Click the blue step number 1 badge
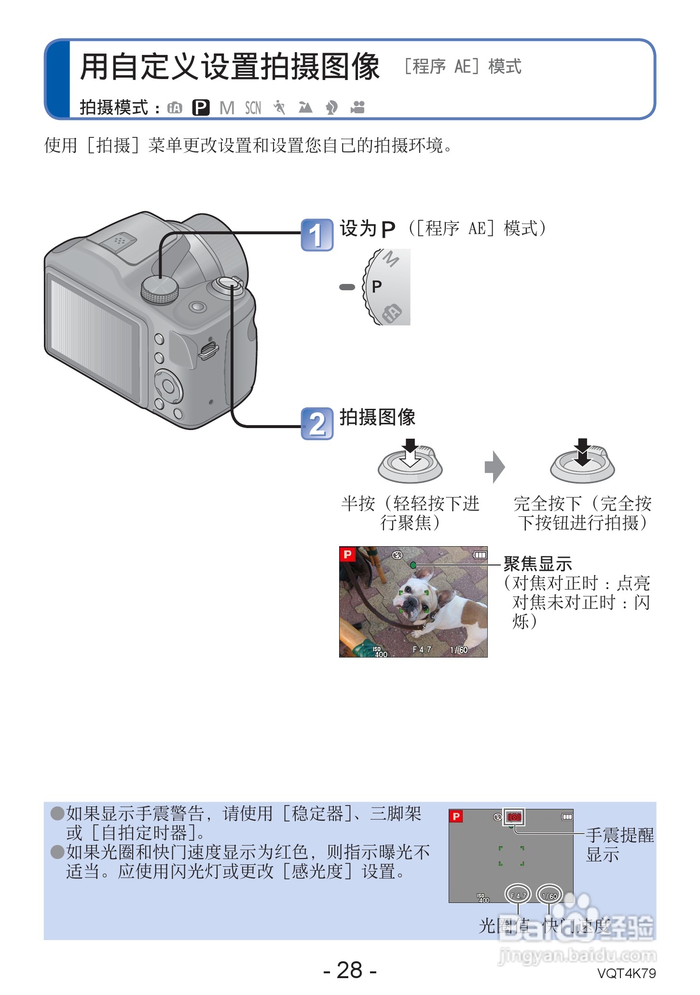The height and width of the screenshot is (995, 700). coord(317,235)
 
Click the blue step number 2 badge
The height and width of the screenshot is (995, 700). coord(317,424)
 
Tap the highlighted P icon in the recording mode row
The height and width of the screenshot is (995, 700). coord(201,108)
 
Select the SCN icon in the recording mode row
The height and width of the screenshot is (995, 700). coord(253,108)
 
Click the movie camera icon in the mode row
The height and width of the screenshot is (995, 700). coord(357,107)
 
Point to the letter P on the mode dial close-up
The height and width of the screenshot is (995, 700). coord(377,287)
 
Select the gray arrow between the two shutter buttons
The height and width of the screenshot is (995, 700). coord(494,467)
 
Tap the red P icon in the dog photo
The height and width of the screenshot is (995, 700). coord(347,554)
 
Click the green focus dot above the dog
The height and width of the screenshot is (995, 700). coord(413,565)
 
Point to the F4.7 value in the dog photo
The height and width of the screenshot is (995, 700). coord(422,649)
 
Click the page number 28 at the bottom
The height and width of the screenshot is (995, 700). coord(350,970)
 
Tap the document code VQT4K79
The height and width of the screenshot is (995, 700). coord(626,973)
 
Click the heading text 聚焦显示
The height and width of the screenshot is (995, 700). coord(537,564)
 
